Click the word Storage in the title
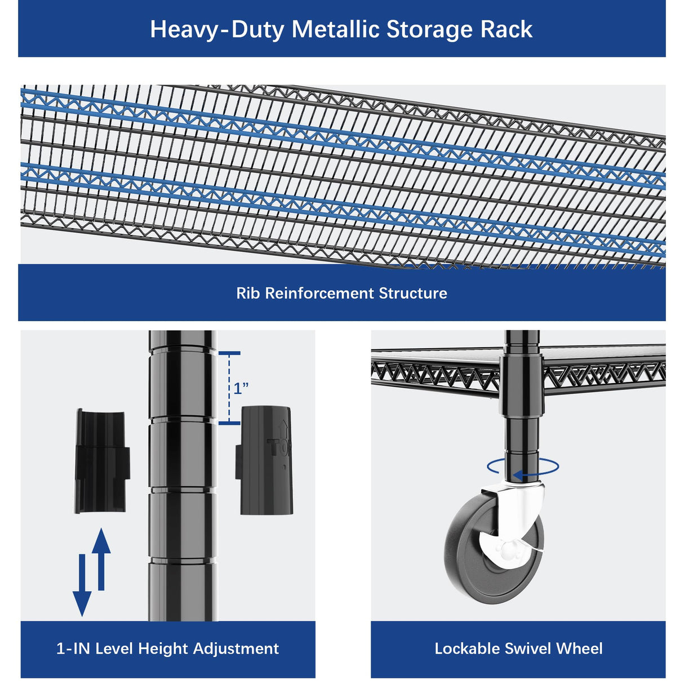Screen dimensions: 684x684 429,30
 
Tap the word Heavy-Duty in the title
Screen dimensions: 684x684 217,30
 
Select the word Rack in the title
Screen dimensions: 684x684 507,30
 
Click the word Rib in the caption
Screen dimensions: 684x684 248,293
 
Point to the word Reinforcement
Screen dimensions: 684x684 319,293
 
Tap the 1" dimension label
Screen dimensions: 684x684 241,388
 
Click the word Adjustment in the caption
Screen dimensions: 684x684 236,649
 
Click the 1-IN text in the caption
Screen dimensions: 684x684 73,649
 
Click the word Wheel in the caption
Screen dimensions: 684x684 579,649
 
